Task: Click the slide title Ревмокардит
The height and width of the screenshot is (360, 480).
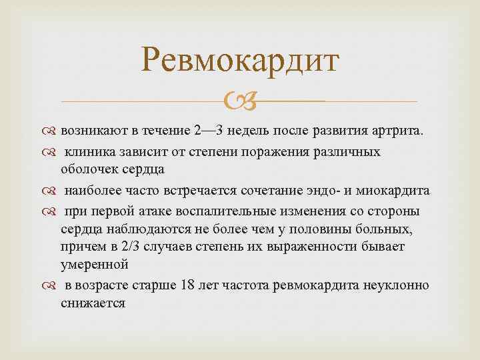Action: pyautogui.click(x=241, y=62)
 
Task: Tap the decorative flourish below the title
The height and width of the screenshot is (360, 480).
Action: pyautogui.click(x=239, y=102)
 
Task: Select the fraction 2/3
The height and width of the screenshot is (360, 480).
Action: pyautogui.click(x=131, y=247)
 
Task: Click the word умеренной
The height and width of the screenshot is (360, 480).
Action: pyautogui.click(x=94, y=265)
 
